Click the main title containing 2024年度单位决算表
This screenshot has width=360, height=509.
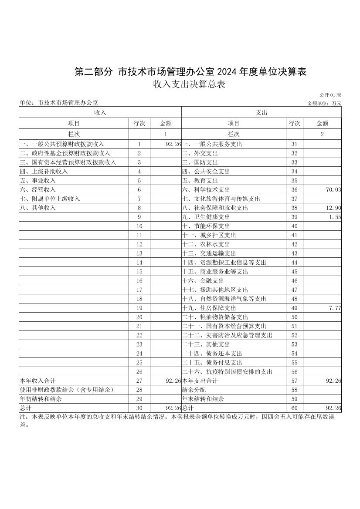190,72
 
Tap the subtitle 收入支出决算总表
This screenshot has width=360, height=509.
189,84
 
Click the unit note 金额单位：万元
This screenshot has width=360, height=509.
324,104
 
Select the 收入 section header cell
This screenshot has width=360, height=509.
100,112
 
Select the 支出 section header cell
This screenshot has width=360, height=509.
261,112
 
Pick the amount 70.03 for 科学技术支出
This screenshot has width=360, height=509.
333,190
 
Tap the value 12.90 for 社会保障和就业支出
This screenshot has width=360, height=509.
333,208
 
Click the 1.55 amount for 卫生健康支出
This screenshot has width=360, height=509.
335,217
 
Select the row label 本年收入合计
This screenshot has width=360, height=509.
37,381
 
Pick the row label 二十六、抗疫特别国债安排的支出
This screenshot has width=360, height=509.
227,371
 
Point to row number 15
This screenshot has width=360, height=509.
139,272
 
